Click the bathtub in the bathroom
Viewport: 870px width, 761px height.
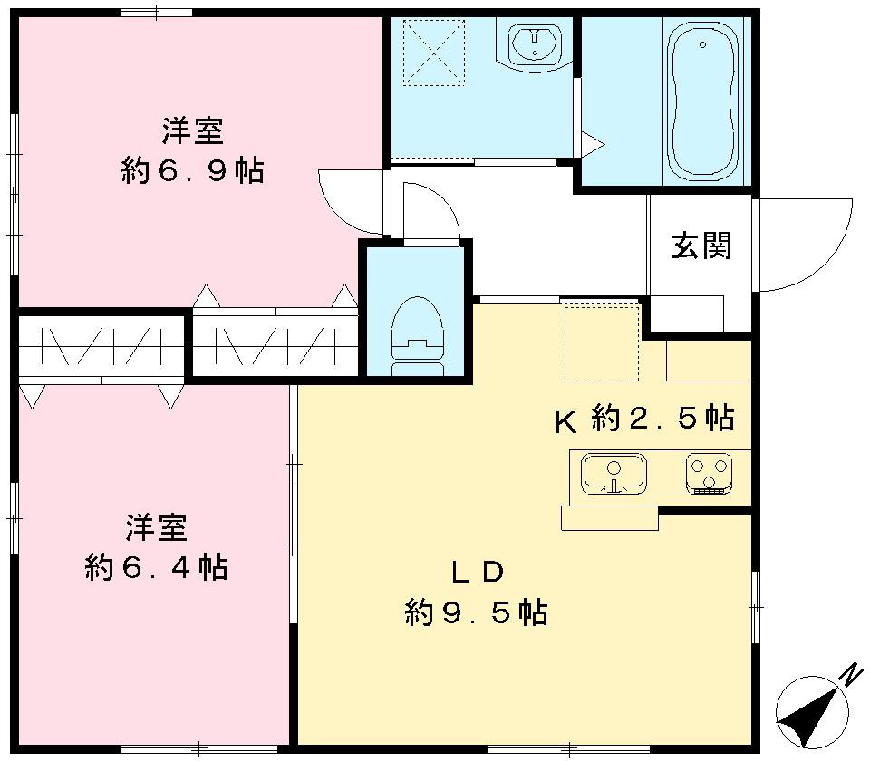coord(703,101)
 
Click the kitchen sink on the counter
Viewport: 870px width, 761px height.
coord(614,475)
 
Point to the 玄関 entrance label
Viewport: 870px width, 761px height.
coord(701,245)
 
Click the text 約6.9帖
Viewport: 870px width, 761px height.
coord(192,169)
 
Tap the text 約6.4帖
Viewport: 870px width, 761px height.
coord(156,568)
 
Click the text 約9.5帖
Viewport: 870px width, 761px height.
coord(476,613)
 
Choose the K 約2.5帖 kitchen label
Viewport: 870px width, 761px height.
coord(643,419)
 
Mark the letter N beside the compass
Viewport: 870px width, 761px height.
coord(849,675)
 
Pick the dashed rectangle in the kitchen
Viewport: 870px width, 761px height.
coord(602,342)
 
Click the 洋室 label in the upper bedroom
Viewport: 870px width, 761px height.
coord(192,131)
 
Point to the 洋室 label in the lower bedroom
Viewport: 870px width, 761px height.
coord(156,527)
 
